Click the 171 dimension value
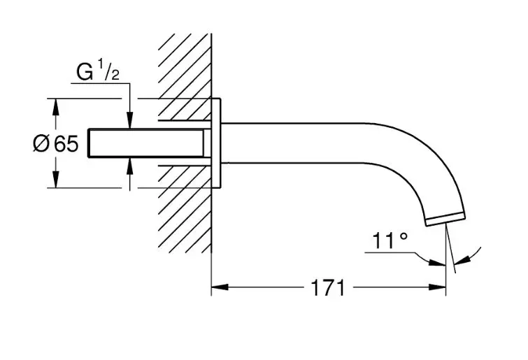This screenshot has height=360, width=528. [x=328, y=288]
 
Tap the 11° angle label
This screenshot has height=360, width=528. [x=390, y=240]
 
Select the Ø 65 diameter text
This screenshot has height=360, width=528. [x=56, y=144]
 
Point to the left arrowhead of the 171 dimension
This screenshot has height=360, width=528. [x=220, y=287]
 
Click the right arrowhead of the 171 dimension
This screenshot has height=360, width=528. [x=437, y=287]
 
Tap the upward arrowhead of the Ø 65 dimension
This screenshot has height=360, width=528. [x=56, y=108]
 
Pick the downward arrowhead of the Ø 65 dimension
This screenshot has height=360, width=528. [x=56, y=179]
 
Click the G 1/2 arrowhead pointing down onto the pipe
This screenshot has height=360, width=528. [x=130, y=120]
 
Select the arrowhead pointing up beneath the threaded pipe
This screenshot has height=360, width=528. [x=130, y=166]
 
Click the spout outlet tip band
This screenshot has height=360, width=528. [x=446, y=219]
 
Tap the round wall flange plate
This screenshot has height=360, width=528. [x=216, y=143]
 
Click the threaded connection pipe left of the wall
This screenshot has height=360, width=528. [x=145, y=143]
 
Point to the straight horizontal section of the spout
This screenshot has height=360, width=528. [x=293, y=143]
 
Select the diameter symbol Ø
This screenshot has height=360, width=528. [x=41, y=144]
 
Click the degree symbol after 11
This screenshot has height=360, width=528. [x=403, y=236]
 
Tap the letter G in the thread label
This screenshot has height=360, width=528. [x=85, y=72]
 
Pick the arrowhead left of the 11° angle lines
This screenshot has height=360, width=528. [x=437, y=263]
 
